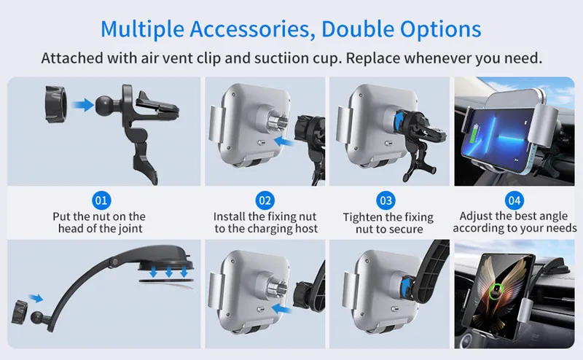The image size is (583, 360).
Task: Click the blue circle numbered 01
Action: click(x=101, y=200)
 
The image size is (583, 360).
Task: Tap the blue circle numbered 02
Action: click(x=265, y=200)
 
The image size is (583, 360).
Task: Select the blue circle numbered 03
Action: click(x=386, y=200)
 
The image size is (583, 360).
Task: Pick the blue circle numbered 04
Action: click(x=514, y=200)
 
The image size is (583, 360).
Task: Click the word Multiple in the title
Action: click(x=142, y=30)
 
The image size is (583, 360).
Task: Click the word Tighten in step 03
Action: click(x=361, y=218)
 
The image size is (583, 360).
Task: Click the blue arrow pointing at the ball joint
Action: click(x=82, y=104)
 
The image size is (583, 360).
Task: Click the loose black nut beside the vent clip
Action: click(x=56, y=104)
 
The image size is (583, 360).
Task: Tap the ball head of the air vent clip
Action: click(x=106, y=106)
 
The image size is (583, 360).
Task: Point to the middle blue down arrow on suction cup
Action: click(x=169, y=272)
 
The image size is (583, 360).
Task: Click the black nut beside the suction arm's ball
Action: click(x=20, y=312)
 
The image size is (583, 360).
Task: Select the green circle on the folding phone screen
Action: click(x=496, y=291)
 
